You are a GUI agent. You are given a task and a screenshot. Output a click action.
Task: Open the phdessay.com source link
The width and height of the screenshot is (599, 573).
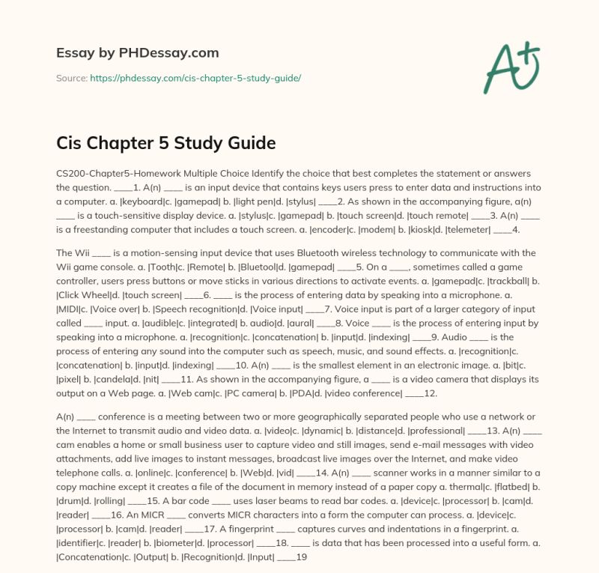click(195, 78)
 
